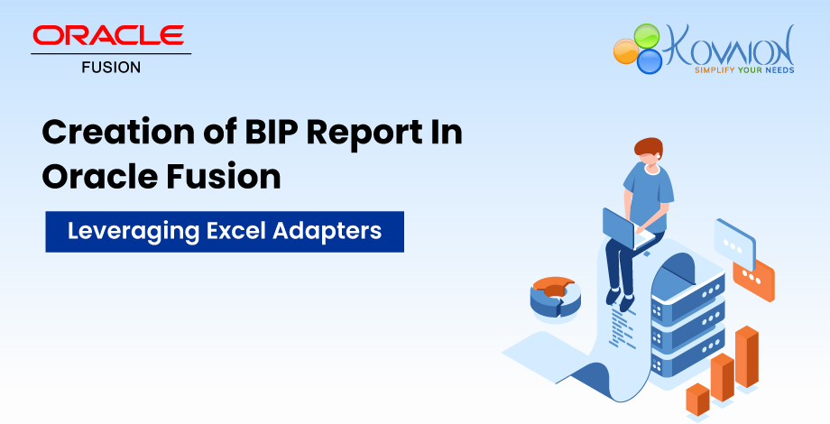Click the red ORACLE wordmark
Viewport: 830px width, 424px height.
[108, 35]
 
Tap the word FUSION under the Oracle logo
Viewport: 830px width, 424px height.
[111, 67]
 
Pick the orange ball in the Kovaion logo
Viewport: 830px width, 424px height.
[625, 50]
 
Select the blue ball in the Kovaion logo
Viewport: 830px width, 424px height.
[649, 61]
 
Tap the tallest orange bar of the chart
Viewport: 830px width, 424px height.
[745, 355]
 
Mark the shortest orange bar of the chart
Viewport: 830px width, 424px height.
[696, 398]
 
